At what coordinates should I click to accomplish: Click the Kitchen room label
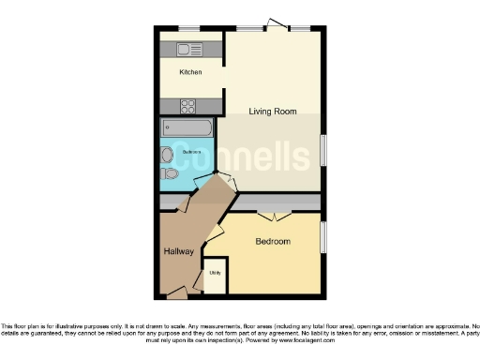pyautogui.click(x=190, y=71)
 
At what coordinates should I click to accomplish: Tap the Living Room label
pyautogui.click(x=273, y=112)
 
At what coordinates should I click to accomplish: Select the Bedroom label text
pyautogui.click(x=273, y=242)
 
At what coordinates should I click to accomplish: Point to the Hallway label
pyautogui.click(x=179, y=251)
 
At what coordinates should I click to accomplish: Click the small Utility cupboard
pyautogui.click(x=215, y=274)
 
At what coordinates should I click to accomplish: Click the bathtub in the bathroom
pyautogui.click(x=187, y=127)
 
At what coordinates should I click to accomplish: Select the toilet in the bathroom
pyautogui.click(x=170, y=173)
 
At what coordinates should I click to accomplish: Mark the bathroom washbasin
pyautogui.click(x=167, y=155)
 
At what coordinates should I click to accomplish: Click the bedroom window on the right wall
pyautogui.click(x=322, y=243)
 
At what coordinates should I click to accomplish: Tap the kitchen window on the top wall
pyautogui.click(x=191, y=28)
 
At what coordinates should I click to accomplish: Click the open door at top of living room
pyautogui.click(x=276, y=23)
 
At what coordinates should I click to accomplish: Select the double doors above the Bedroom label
pyautogui.click(x=273, y=217)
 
